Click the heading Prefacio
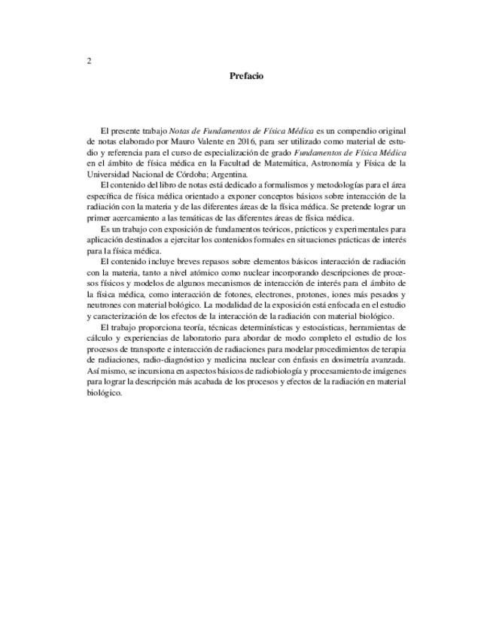tap(246, 76)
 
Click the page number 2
tap(89, 61)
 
